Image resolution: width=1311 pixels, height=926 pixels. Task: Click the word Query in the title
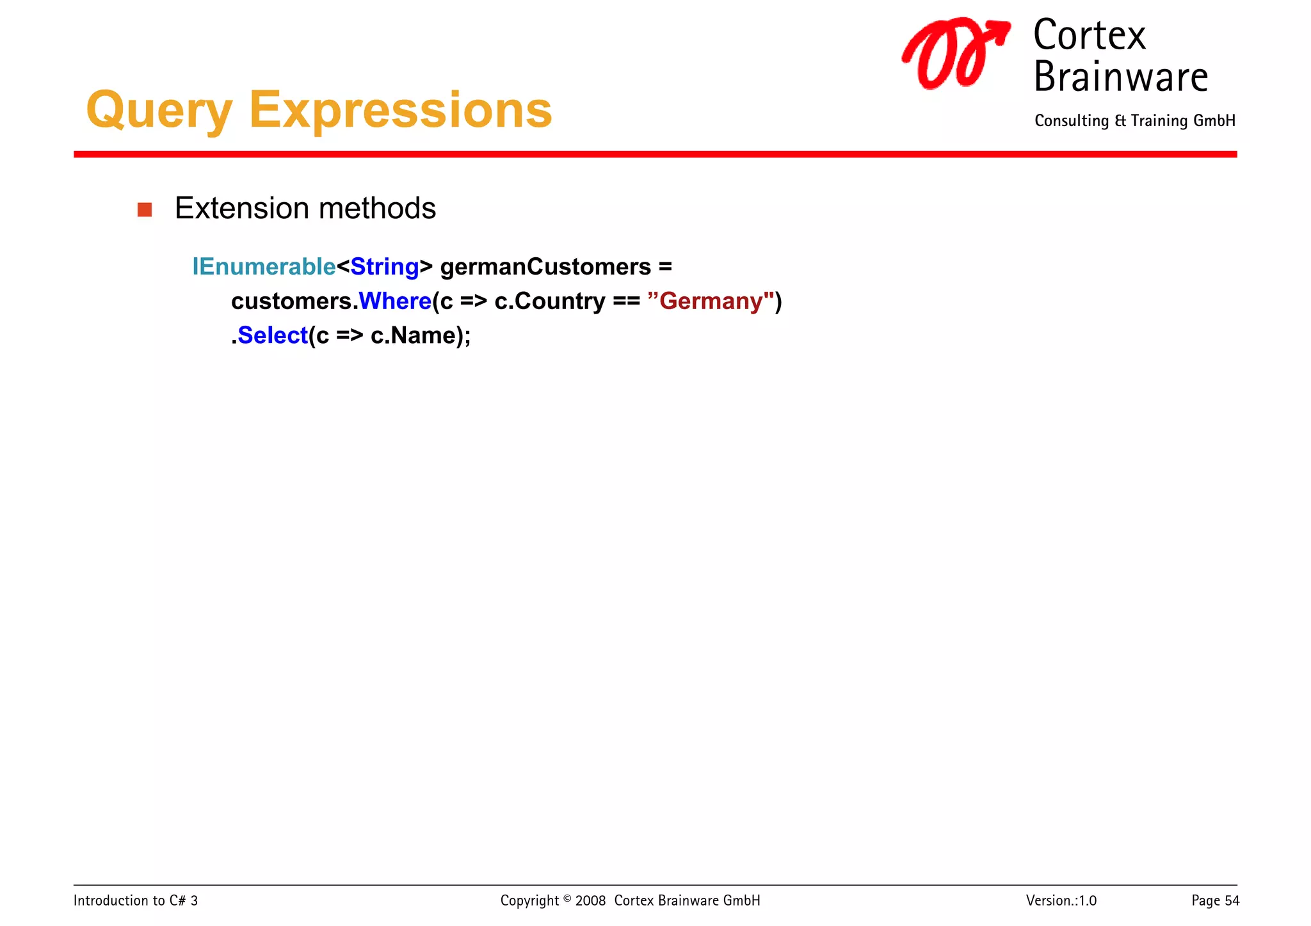(159, 111)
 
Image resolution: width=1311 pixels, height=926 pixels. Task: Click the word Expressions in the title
(400, 111)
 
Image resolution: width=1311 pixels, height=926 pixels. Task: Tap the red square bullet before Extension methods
(145, 210)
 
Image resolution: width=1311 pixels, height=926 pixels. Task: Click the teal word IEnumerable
(264, 267)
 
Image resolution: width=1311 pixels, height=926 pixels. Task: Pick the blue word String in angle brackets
(384, 267)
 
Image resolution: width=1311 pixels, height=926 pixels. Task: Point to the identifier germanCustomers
(545, 267)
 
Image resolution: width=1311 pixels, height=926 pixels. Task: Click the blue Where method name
(395, 301)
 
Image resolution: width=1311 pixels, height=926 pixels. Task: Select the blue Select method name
(273, 335)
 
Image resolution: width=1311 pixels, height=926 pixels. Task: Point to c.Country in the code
(549, 301)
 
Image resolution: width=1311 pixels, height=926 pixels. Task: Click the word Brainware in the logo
(1120, 77)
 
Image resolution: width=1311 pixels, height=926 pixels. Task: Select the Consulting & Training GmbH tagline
(1134, 121)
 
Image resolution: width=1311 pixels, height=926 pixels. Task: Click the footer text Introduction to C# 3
(136, 900)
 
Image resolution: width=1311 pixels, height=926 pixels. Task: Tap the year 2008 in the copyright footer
(590, 900)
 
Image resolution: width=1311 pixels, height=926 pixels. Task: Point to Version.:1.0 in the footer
(1061, 900)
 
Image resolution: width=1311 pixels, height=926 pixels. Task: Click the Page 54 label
(1214, 900)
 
